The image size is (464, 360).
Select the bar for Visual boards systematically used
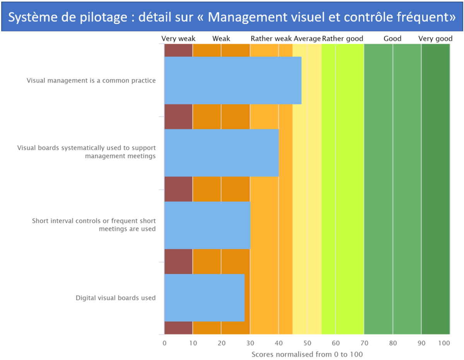coord(222,153)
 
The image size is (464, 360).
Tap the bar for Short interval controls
coord(207,225)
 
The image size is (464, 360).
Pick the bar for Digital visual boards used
coord(205,297)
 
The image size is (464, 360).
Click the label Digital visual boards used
coord(116,298)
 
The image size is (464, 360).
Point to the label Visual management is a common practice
coord(91,81)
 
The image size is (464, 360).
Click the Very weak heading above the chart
coord(178,39)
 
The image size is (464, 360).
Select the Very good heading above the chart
coord(435,39)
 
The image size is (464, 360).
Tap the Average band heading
coord(307,39)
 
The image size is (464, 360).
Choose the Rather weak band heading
coord(271,39)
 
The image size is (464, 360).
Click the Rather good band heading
coord(343,39)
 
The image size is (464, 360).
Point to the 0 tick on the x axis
coord(164,343)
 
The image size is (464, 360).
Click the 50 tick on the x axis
coord(307,343)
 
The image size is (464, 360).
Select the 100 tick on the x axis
coord(444,343)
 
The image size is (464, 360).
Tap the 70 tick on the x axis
coord(364,343)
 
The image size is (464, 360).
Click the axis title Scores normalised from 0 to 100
coord(307,354)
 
